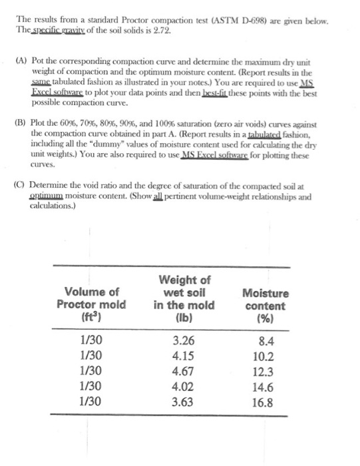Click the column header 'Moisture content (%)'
pos(266,306)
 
